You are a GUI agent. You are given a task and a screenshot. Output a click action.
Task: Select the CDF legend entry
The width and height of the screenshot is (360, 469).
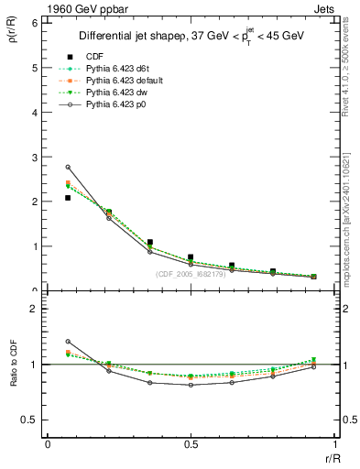[x=93, y=57]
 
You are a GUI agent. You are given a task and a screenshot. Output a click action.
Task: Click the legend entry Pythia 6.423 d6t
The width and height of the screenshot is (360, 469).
[x=118, y=70]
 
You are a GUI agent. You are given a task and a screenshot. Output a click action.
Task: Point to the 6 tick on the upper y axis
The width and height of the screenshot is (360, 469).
[x=36, y=23]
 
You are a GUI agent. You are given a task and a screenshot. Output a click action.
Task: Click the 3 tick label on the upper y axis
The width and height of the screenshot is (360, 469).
[x=36, y=157]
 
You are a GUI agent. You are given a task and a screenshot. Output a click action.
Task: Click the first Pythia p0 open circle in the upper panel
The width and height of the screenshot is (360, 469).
[x=68, y=168]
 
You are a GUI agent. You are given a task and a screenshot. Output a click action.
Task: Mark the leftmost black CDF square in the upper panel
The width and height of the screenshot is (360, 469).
[x=68, y=198]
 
